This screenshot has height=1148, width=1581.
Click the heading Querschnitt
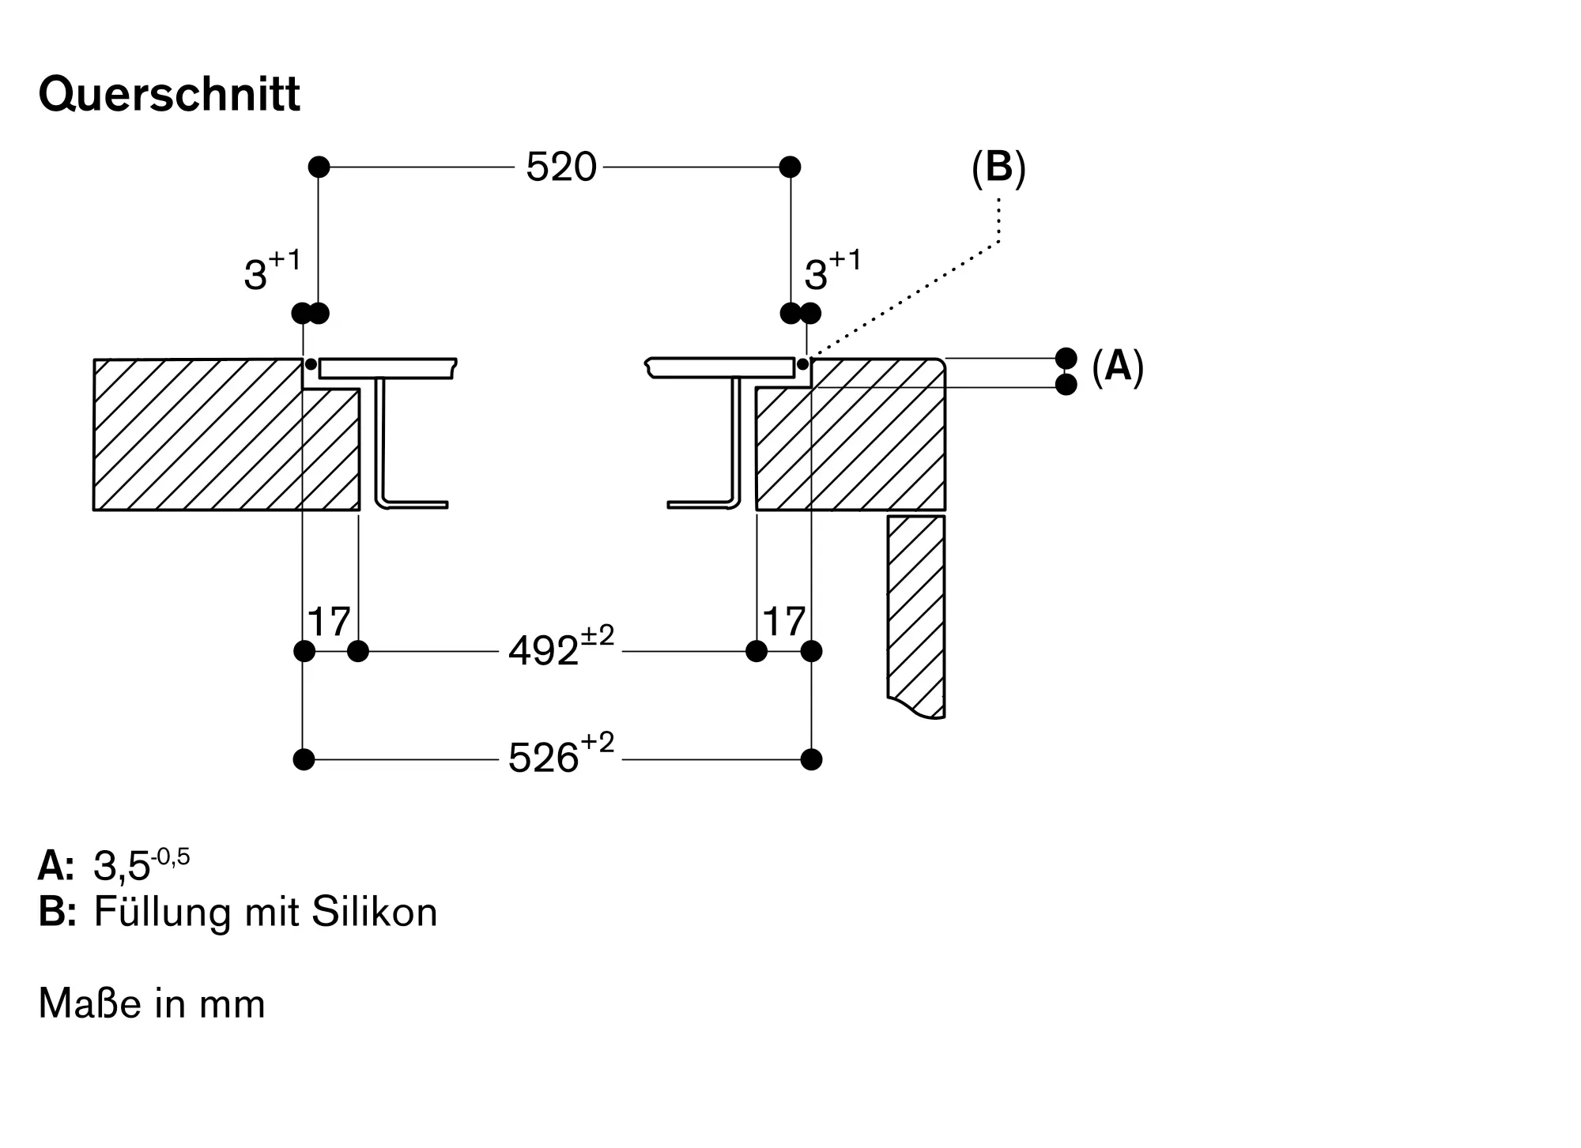tap(169, 96)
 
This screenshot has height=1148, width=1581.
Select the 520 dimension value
tap(560, 167)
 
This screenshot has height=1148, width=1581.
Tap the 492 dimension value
tap(544, 652)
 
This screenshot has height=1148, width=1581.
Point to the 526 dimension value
tap(544, 758)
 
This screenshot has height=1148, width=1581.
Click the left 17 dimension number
tap(329, 623)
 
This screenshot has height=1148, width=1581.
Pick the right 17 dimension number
tap(784, 623)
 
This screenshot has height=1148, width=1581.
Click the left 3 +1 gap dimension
tap(271, 271)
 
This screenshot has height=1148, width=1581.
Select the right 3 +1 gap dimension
tap(832, 271)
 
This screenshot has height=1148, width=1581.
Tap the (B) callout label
tap(998, 168)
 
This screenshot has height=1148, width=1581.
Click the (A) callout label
tap(1118, 367)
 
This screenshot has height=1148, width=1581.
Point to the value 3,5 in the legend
tap(123, 866)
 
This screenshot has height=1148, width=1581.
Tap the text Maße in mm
tap(152, 1004)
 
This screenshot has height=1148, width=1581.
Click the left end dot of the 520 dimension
tap(319, 167)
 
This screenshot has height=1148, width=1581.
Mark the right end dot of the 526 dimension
tap(811, 759)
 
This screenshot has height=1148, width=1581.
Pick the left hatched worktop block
tap(198, 435)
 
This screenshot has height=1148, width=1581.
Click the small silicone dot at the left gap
tap(311, 364)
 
